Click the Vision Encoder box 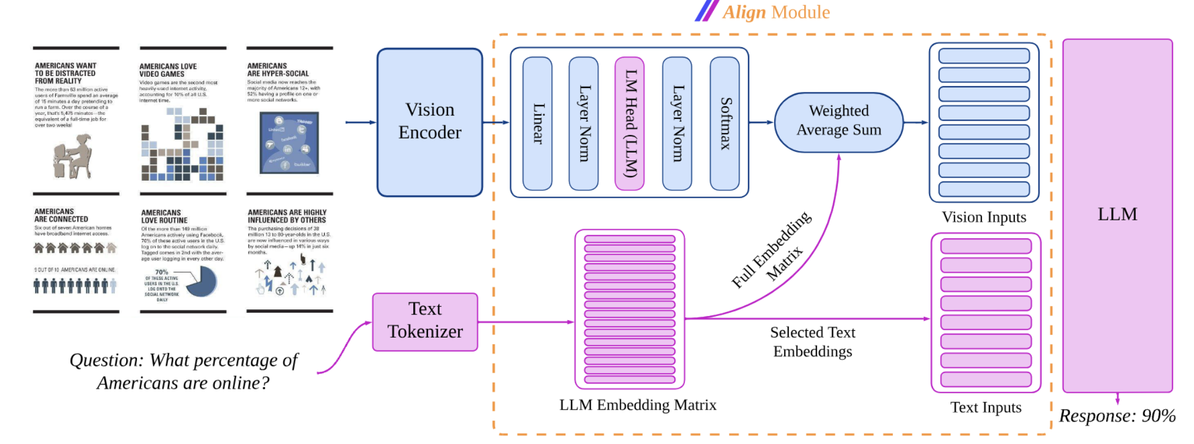pos(430,122)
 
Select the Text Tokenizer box pos(425,321)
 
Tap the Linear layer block pos(537,123)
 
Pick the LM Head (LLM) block pos(630,123)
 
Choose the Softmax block pos(724,123)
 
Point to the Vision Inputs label pos(984,217)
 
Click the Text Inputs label pos(985,407)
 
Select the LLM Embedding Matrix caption pos(638,405)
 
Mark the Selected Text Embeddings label pos(812,341)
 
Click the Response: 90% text pos(1117,416)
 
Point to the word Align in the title pos(744,12)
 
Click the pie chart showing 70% pos(202,281)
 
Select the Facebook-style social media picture pos(289,143)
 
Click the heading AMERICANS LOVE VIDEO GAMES pos(168,70)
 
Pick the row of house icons pos(74,247)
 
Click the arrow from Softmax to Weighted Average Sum pos(761,122)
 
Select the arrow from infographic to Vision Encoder pos(360,122)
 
